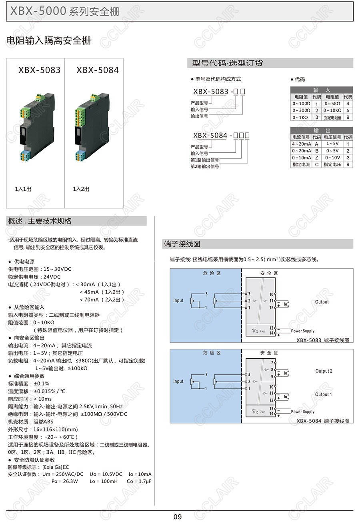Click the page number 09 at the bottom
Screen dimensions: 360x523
point(177,517)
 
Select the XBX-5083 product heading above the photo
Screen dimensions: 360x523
point(40,70)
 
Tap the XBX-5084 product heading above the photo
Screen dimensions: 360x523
point(98,70)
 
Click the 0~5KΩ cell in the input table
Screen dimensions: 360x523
point(332,104)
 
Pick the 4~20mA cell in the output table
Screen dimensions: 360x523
point(301,144)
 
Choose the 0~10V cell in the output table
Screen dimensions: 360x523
point(332,158)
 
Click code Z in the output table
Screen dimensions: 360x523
point(316,158)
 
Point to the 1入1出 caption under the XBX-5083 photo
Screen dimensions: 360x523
point(23,189)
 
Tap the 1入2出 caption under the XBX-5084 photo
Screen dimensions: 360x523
point(81,189)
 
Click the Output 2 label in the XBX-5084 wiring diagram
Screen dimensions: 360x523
point(324,371)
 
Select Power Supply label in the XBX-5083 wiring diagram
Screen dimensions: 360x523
point(302,331)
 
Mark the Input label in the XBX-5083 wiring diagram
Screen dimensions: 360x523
point(178,301)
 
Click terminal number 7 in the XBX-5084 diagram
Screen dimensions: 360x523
point(272,363)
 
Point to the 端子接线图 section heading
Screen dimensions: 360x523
point(182,244)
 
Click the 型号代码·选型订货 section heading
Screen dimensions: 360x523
point(227,63)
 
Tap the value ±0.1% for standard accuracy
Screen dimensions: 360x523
point(42,383)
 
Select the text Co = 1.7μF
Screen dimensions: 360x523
point(139,481)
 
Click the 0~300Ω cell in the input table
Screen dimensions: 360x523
point(301,110)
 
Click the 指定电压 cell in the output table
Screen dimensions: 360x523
point(332,165)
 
